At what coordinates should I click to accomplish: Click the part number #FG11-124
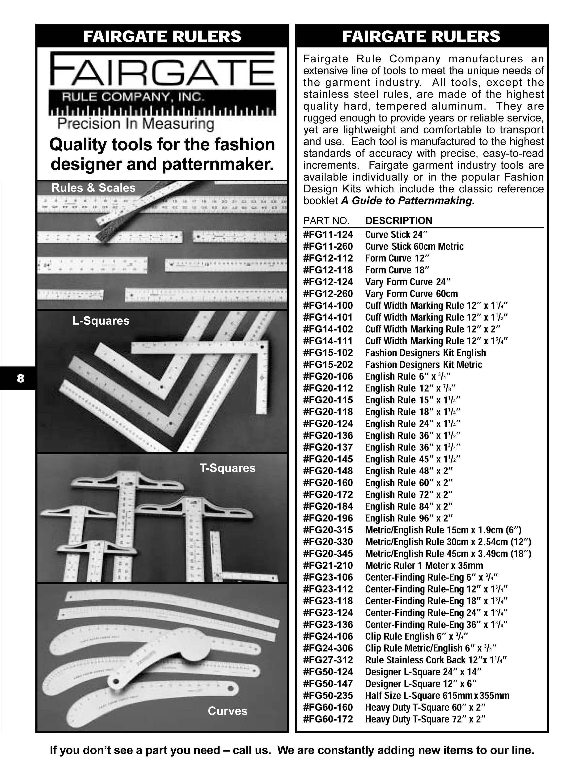click(x=328, y=235)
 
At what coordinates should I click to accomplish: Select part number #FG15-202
click(x=328, y=364)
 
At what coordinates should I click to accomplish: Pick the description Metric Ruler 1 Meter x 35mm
click(x=424, y=566)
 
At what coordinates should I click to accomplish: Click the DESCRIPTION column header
click(x=398, y=221)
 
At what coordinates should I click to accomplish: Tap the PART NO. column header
click(x=326, y=221)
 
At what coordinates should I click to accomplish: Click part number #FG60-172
click(x=328, y=719)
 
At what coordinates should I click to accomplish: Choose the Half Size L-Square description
click(x=437, y=695)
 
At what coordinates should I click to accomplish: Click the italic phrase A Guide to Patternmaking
click(x=408, y=201)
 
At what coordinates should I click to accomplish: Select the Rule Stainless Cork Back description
click(x=436, y=660)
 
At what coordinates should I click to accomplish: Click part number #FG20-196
click(x=328, y=518)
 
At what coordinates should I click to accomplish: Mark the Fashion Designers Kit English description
click(x=426, y=353)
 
